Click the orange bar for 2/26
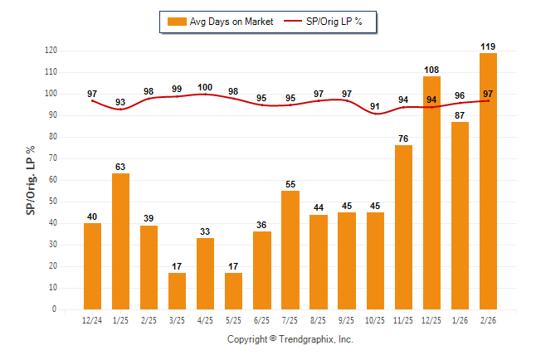(488, 181)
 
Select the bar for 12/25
(431, 192)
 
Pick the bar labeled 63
(120, 241)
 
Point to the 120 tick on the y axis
(51, 51)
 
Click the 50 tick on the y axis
(53, 202)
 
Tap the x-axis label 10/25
(375, 319)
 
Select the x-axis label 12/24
(92, 319)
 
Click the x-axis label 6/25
(262, 319)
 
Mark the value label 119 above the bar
(488, 46)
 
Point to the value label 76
(403, 139)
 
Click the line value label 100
(205, 87)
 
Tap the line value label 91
(375, 106)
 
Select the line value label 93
(120, 102)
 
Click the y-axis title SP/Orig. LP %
(31, 179)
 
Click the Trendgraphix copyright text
(290, 340)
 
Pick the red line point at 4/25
(205, 95)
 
